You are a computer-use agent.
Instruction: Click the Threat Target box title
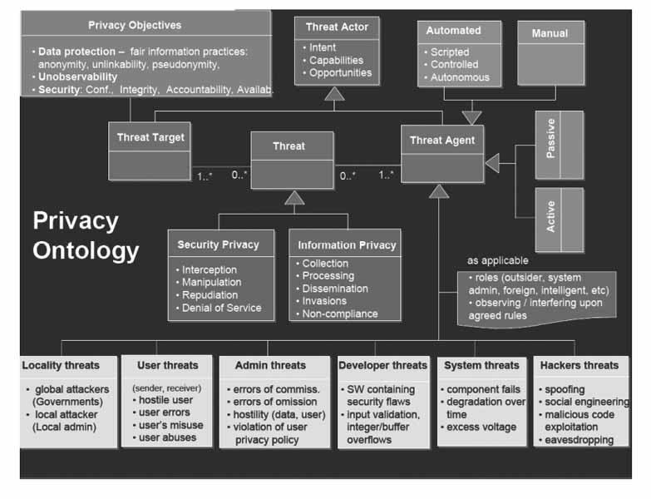tap(150, 136)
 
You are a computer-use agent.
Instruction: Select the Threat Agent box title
tap(442, 140)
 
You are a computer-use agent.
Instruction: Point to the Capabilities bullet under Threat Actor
tap(336, 61)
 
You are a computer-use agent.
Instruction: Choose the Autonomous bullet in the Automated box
tap(460, 77)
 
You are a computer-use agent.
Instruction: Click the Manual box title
tap(549, 33)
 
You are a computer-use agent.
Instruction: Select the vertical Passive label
tap(550, 145)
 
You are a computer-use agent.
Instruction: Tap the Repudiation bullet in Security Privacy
tap(210, 295)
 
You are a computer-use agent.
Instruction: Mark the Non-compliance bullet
tap(339, 314)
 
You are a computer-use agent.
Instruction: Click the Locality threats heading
tap(61, 365)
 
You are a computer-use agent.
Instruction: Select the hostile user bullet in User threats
tap(166, 400)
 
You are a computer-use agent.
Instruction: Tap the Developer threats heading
tap(382, 365)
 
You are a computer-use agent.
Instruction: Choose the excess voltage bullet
tap(481, 427)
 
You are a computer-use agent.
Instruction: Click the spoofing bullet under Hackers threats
tap(565, 389)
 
